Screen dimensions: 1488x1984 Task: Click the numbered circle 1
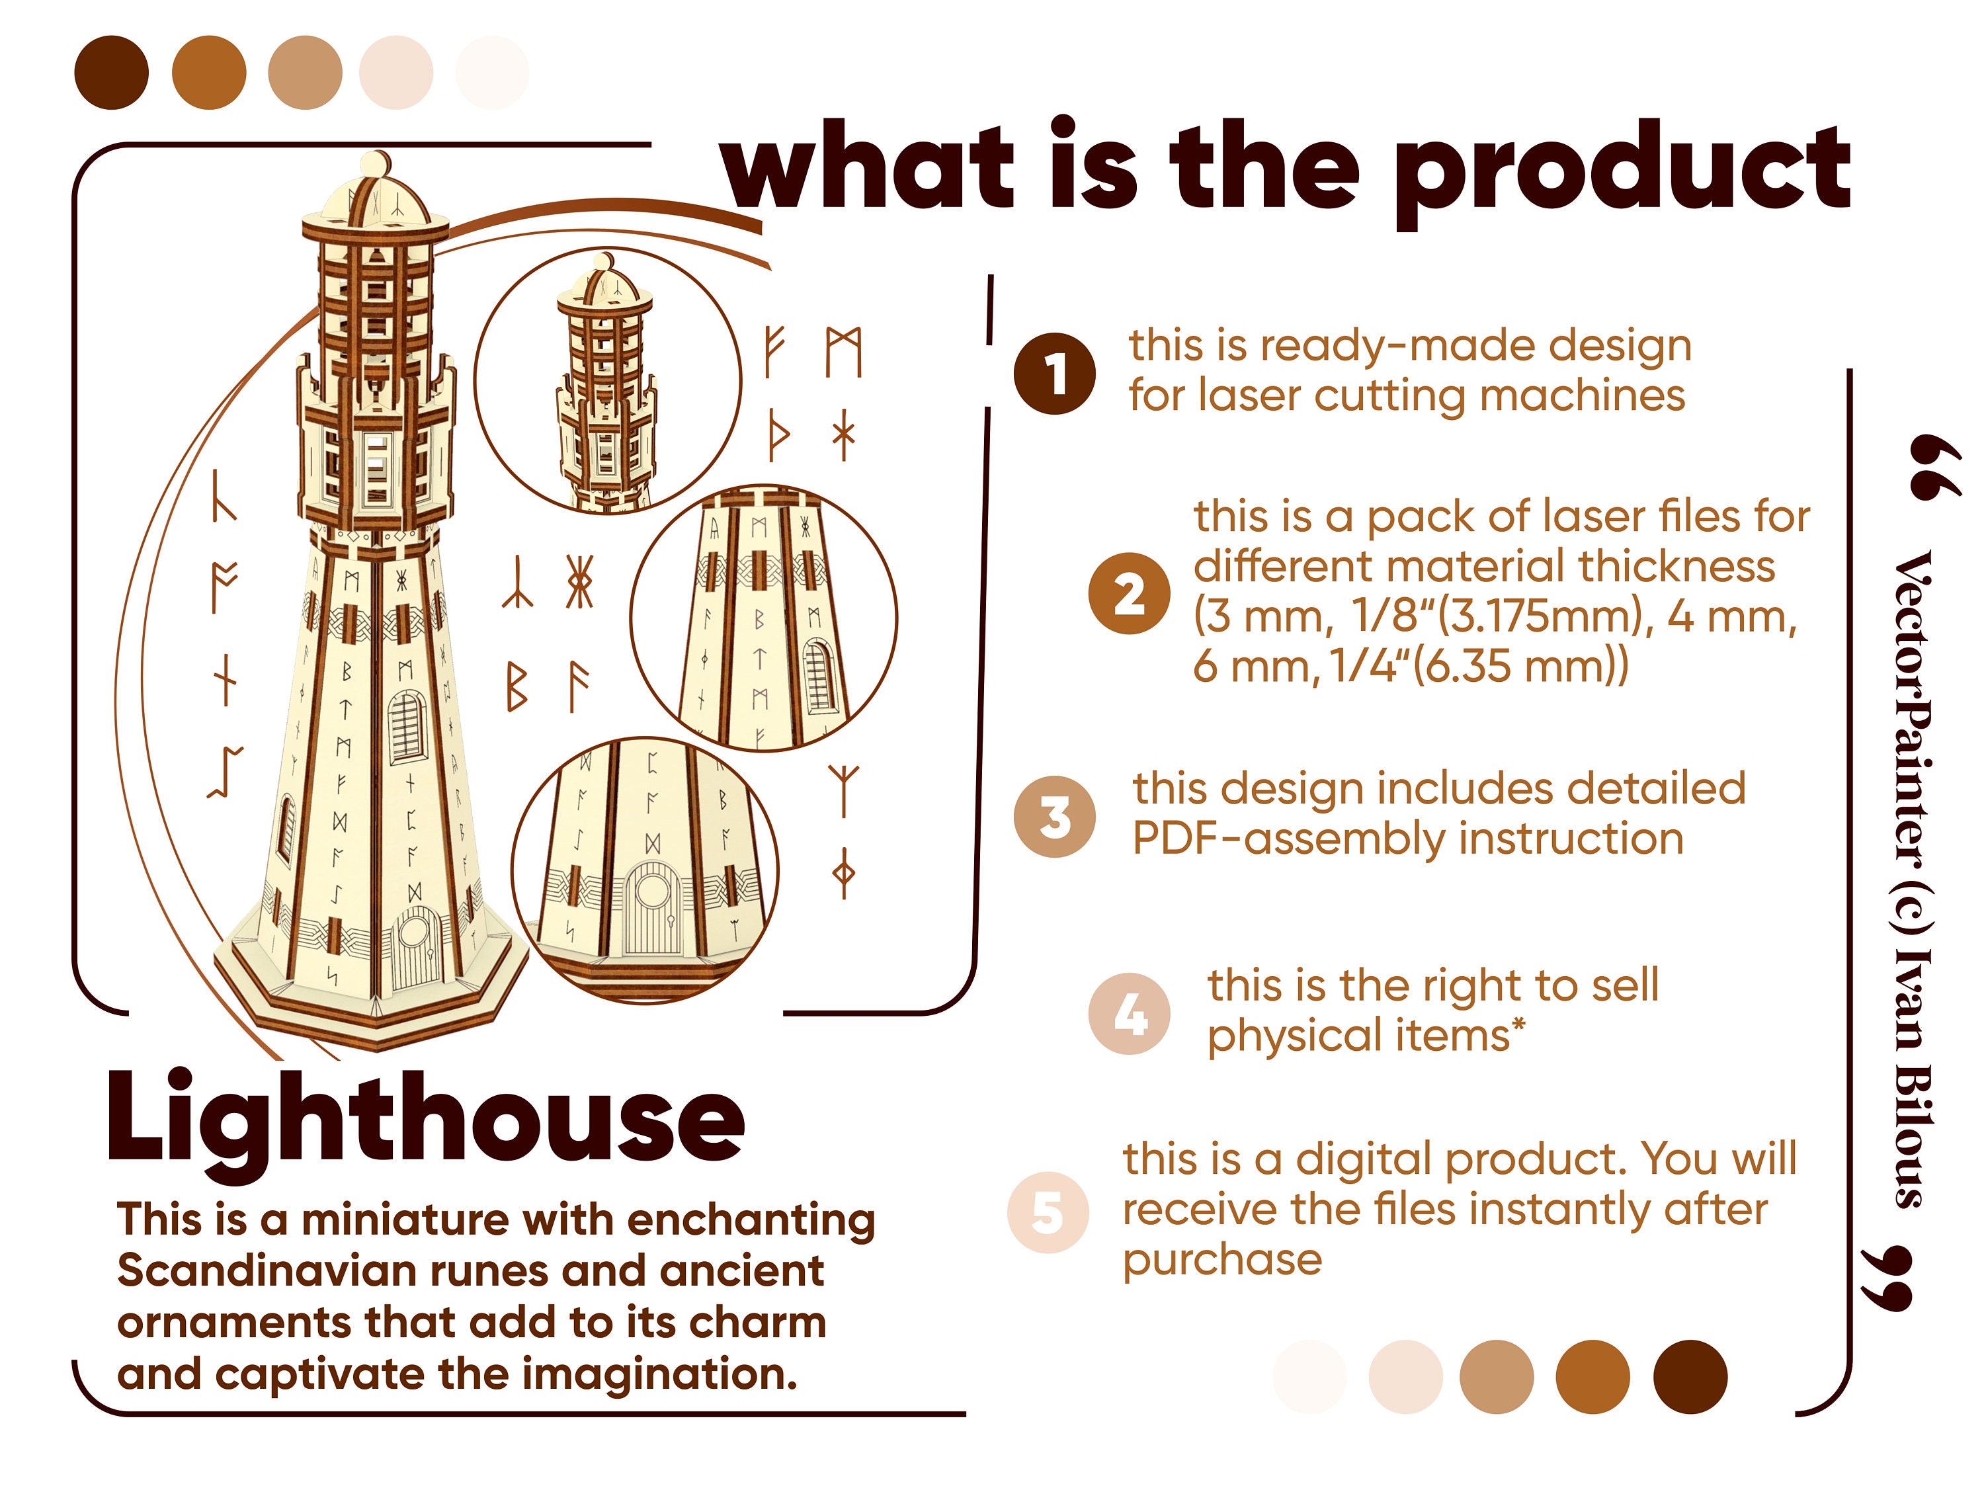pyautogui.click(x=1055, y=373)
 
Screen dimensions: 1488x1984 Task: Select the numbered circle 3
pyautogui.click(x=1055, y=816)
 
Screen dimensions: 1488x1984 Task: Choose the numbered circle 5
pyautogui.click(x=1048, y=1213)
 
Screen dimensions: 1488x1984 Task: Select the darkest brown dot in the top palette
pyautogui.click(x=111, y=73)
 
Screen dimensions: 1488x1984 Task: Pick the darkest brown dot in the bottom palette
pyautogui.click(x=1690, y=1377)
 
